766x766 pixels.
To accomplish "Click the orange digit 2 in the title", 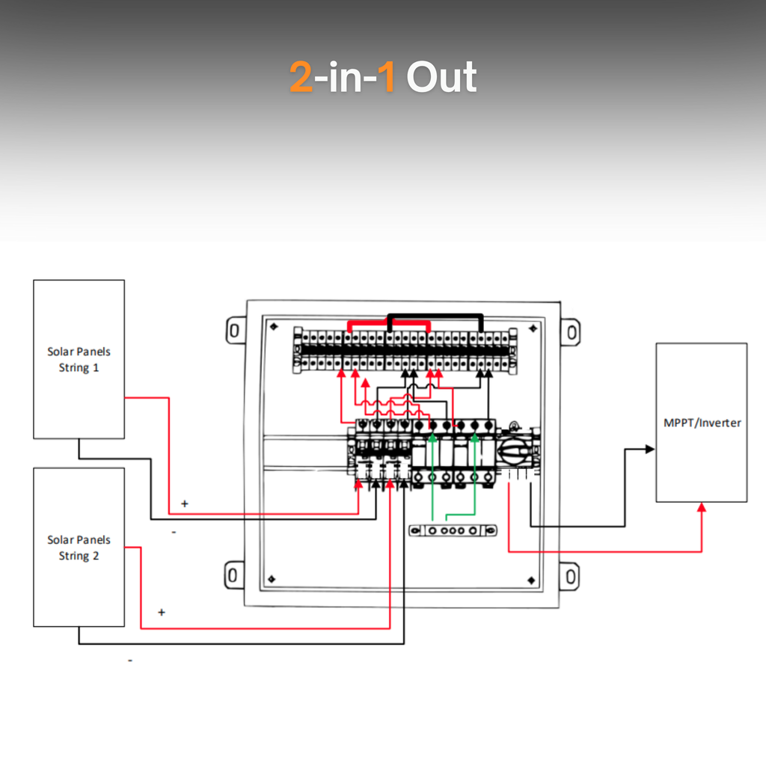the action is pos(301,77).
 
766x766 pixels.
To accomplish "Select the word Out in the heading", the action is pos(441,77).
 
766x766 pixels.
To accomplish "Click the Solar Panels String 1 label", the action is pos(79,359).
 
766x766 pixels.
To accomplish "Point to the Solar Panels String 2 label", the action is pos(79,547).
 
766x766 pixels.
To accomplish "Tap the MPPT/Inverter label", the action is pos(702,423).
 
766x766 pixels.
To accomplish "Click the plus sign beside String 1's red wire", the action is pos(185,503).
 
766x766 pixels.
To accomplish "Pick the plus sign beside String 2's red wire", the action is pos(162,612).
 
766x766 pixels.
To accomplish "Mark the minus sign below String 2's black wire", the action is pos(130,661).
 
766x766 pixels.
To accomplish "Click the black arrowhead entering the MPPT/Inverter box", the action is pos(650,449).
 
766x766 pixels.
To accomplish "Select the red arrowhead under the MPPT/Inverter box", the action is pos(702,507).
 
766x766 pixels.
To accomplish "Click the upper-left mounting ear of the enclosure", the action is pos(236,331).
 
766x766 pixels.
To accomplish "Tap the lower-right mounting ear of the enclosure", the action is pos(569,577).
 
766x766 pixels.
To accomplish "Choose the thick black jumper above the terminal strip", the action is pos(435,316).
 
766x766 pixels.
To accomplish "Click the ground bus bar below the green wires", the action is pos(453,530).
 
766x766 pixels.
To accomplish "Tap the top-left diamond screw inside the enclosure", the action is pos(274,326).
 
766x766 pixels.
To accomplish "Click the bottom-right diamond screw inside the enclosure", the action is pos(532,580).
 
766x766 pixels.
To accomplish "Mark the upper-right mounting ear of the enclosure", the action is pos(571,332).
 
